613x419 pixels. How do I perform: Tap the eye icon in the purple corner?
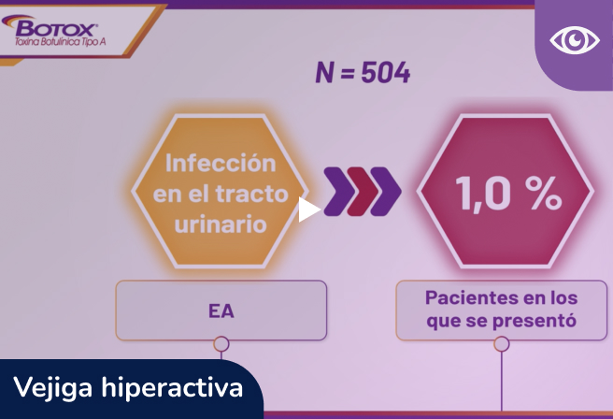pos(574,39)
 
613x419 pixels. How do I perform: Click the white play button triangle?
pos(308,210)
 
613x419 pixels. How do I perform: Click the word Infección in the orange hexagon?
pos(221,163)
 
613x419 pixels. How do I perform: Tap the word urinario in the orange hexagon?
pos(221,224)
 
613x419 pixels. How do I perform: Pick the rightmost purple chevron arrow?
pos(386,191)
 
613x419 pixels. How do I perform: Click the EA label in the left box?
pos(221,311)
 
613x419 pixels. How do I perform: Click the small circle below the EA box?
pos(221,344)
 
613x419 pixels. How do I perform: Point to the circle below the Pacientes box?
pos(502,344)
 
